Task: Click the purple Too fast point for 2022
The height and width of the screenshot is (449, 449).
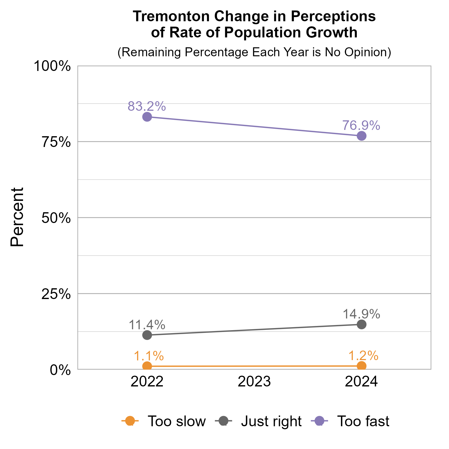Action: tap(147, 117)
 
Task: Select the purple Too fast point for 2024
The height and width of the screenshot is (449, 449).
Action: tap(362, 136)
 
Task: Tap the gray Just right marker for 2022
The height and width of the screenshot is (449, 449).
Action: tap(147, 335)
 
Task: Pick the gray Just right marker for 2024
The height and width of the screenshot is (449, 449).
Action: tap(362, 324)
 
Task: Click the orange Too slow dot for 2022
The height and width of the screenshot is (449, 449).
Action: tap(147, 366)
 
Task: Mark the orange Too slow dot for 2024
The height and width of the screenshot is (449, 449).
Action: tap(362, 365)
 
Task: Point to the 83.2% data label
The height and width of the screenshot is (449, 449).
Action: tap(147, 106)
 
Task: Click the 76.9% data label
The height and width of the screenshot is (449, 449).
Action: tap(361, 125)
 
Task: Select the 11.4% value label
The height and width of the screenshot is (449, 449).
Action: tap(147, 324)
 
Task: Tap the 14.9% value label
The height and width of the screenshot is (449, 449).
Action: tap(361, 314)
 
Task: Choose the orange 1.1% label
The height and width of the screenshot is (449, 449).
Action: tap(148, 356)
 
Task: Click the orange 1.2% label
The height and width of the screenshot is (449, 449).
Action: tap(363, 356)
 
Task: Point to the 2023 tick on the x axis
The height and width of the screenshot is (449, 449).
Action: tap(254, 382)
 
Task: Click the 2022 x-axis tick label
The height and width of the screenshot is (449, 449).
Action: tap(147, 382)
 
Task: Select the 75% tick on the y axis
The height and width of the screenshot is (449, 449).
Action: tap(56, 142)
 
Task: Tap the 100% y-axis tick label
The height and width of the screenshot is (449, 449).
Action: tap(52, 66)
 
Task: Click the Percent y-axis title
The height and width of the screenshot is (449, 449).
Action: tap(17, 217)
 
